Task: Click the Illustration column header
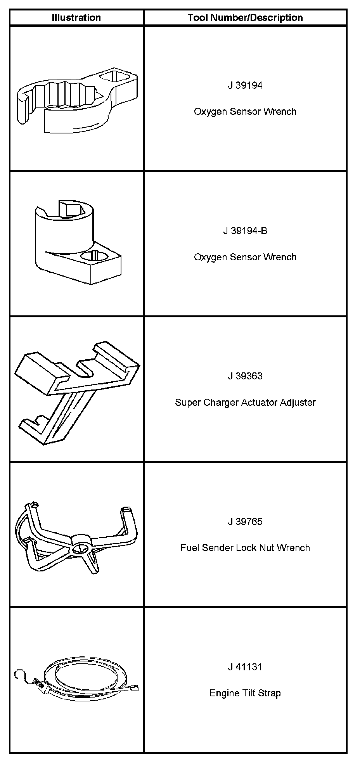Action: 76,18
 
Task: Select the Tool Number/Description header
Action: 245,18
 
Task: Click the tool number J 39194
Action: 245,85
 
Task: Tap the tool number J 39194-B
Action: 245,231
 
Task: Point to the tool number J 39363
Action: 245,376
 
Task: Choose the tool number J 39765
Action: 245,521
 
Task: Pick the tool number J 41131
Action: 245,667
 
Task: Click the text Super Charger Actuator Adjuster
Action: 245,402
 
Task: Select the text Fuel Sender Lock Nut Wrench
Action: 245,548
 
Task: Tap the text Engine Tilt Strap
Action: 245,693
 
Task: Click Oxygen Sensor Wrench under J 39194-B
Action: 245,257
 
